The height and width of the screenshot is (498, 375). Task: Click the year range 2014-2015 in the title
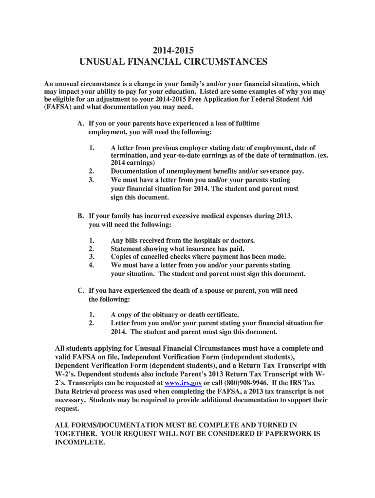coord(173,50)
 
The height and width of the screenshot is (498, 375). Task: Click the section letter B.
coord(81,215)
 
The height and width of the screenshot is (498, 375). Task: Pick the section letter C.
coord(81,290)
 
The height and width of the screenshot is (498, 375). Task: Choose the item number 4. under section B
coord(91,265)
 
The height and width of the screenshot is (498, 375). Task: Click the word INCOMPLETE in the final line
coord(80,443)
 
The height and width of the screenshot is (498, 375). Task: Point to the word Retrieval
coord(89,391)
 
